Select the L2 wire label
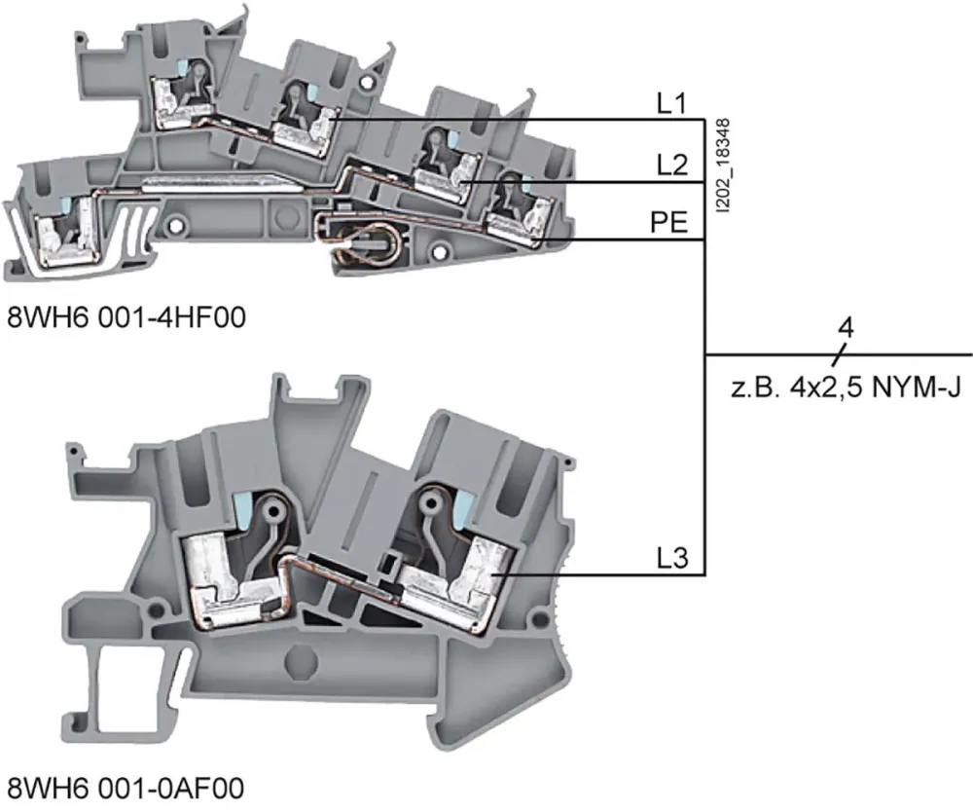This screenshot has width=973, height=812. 672,166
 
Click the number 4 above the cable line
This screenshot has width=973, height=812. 845,328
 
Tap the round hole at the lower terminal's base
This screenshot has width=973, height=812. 299,665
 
